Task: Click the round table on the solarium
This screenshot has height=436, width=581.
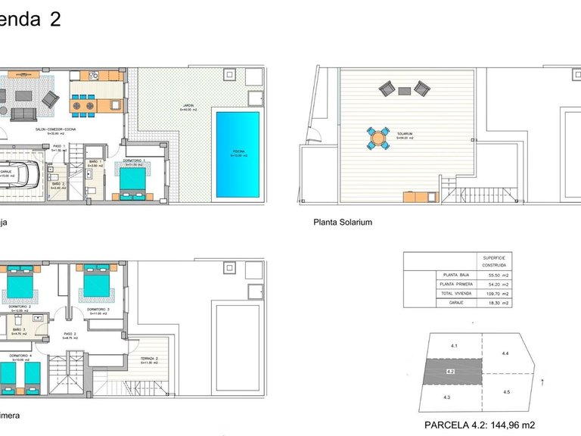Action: click(377, 139)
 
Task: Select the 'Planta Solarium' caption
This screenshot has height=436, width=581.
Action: click(343, 223)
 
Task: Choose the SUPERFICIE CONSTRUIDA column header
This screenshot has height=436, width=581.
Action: click(498, 261)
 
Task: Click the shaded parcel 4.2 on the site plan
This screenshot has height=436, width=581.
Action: click(450, 372)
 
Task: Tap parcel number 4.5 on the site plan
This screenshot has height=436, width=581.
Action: click(505, 391)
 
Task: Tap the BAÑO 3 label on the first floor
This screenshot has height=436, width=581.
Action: click(20, 330)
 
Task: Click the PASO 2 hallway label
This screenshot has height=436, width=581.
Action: click(70, 335)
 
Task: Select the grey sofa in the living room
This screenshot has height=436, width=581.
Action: click(23, 114)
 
